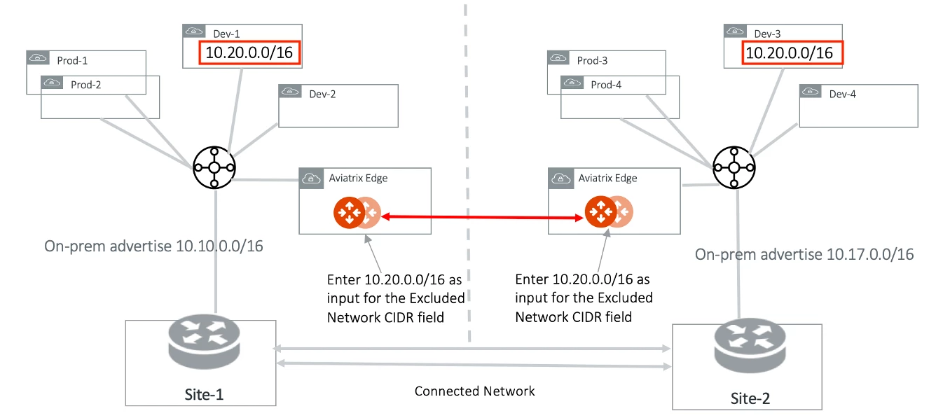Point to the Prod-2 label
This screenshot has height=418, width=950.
tap(86, 85)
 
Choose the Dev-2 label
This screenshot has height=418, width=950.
tap(322, 94)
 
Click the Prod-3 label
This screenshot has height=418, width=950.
tap(592, 61)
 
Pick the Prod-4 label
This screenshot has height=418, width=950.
tap(606, 85)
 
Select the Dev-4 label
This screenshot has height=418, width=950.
tap(842, 94)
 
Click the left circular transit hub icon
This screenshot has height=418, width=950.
tap(214, 168)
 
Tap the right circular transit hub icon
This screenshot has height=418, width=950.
tap(734, 168)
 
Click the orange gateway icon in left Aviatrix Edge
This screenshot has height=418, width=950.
tap(349, 212)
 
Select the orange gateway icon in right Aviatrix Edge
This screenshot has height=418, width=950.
tap(600, 212)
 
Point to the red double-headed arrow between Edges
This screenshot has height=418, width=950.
tap(483, 218)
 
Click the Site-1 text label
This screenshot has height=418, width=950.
tap(202, 393)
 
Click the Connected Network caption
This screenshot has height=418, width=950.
tap(474, 391)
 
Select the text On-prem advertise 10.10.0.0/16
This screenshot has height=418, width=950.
tap(153, 246)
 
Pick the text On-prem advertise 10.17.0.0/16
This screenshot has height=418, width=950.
tap(804, 254)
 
